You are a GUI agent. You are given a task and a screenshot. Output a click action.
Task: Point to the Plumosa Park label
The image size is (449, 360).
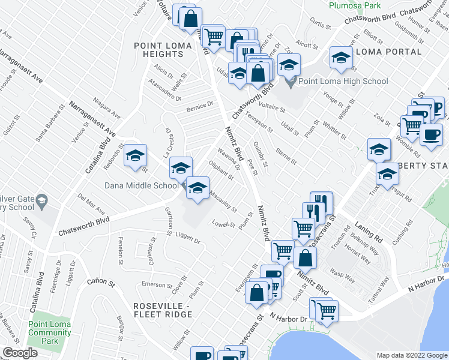355,5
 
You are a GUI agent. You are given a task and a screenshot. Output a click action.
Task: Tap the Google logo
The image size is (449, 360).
20,353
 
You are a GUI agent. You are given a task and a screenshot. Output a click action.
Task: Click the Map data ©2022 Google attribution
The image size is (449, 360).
411,355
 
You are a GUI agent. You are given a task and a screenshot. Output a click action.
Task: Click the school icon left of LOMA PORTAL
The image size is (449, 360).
341,58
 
